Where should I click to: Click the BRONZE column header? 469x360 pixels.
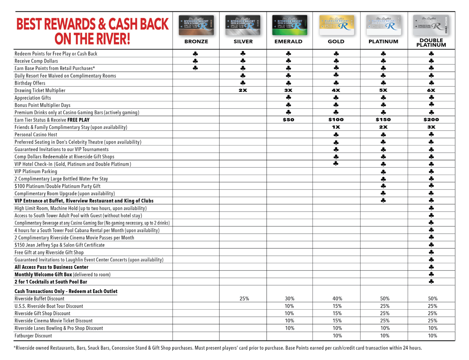[196, 41]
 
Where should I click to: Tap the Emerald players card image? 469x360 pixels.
[290, 25]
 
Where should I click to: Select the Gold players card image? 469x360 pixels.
[337, 25]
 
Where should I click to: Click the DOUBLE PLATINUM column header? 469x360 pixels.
[431, 42]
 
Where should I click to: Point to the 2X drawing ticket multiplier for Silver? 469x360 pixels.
[243, 90]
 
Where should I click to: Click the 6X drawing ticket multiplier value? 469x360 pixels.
[431, 90]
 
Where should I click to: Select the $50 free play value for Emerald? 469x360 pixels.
[288, 120]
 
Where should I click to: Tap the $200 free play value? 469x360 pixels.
[431, 120]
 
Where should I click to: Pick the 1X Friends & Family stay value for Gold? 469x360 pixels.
[336, 127]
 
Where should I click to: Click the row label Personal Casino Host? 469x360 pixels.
[36, 135]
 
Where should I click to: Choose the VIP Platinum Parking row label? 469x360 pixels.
[36, 171]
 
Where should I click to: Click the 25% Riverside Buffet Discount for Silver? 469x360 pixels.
[244, 299]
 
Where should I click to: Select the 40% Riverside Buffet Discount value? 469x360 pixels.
[337, 299]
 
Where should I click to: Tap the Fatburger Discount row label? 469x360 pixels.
[33, 336]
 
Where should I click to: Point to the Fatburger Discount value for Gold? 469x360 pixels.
[337, 336]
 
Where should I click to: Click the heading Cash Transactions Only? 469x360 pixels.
[66, 291]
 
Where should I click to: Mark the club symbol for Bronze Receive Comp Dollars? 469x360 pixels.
[196, 61]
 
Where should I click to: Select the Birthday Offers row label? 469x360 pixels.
[30, 83]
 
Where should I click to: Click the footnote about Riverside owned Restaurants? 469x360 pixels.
[217, 348]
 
